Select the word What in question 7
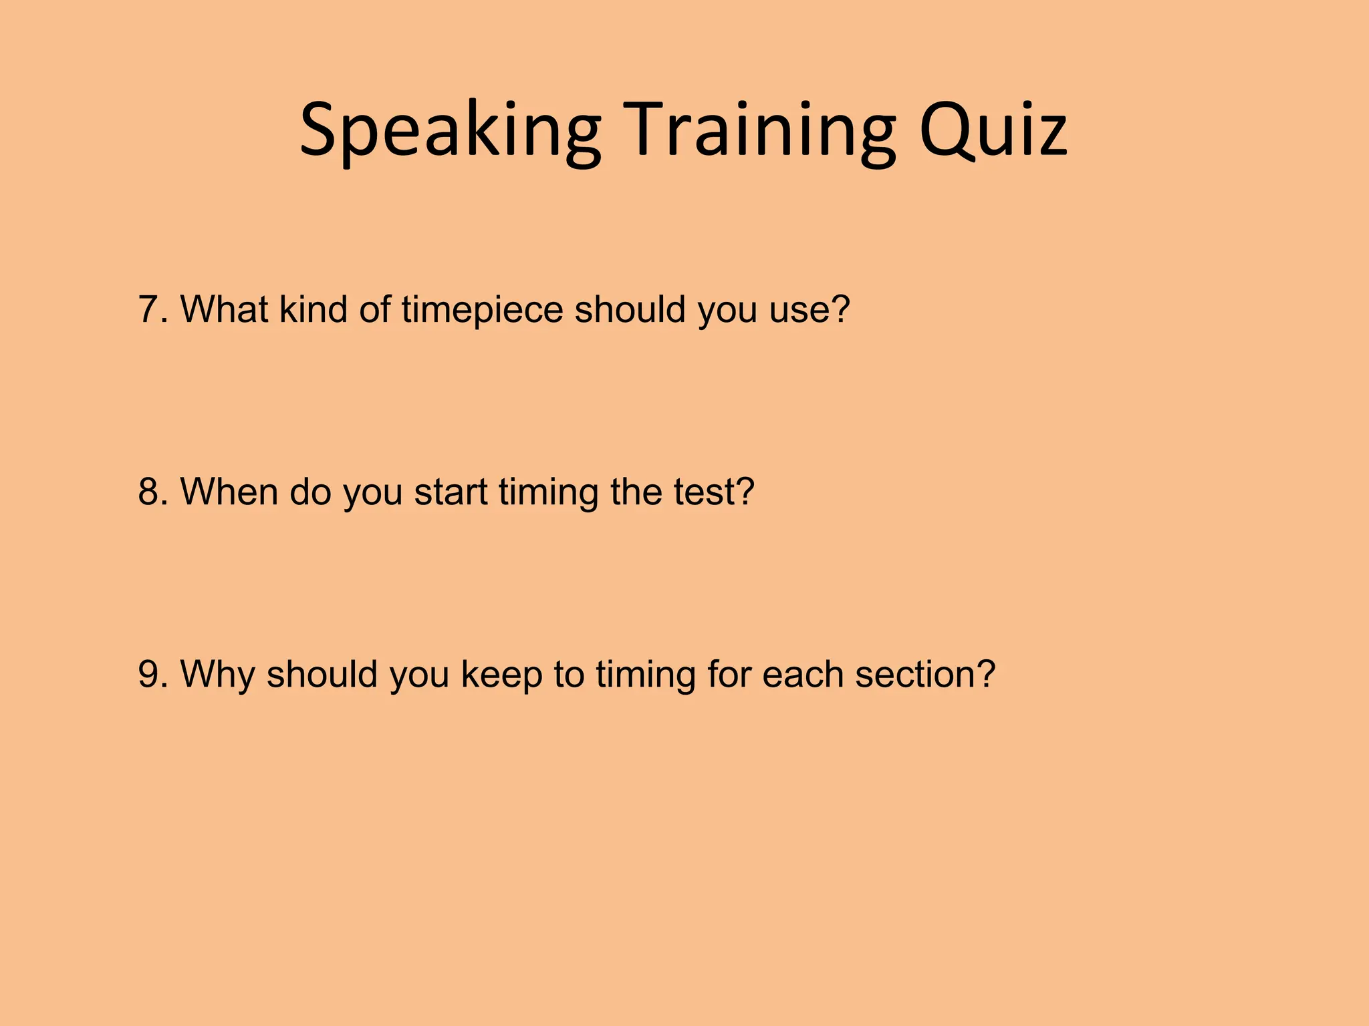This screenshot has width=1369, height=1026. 224,309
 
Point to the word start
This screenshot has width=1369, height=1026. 451,493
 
